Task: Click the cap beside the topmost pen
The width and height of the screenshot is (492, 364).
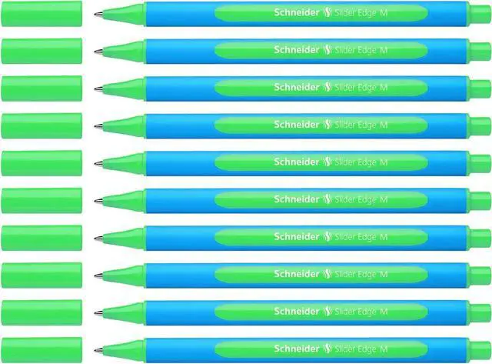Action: point(42,12)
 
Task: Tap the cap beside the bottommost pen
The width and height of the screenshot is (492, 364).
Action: point(42,349)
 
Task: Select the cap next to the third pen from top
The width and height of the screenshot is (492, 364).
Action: point(42,87)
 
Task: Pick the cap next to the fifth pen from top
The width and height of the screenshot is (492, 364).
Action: point(42,162)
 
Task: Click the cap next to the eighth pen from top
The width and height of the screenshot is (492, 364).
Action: point(42,274)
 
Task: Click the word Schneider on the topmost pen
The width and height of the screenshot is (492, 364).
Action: point(296,13)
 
